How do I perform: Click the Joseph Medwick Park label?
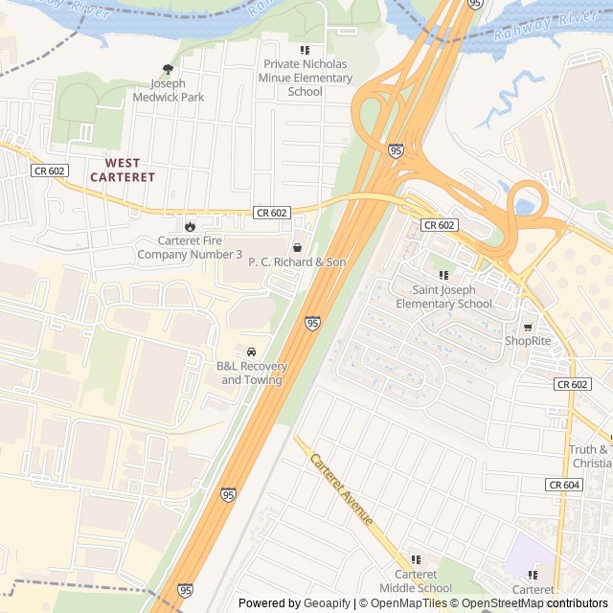(x=169, y=90)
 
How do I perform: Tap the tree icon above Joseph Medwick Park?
(x=169, y=69)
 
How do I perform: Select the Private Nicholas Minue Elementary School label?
(x=306, y=78)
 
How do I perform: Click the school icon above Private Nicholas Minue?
(x=306, y=50)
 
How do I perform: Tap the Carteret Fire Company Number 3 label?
(x=190, y=247)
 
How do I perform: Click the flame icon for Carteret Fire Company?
(x=190, y=226)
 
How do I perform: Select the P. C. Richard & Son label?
(x=297, y=261)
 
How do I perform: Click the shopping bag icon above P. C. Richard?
(x=297, y=247)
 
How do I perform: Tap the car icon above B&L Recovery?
(x=251, y=352)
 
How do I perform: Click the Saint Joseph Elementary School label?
(x=452, y=296)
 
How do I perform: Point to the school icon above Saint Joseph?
(x=443, y=275)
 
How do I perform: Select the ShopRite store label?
(x=528, y=340)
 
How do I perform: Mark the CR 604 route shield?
(x=564, y=486)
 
